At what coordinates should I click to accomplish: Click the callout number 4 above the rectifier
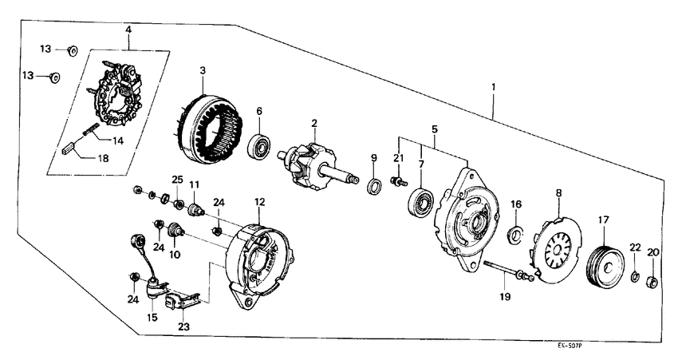[128, 30]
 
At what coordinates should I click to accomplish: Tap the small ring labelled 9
[373, 188]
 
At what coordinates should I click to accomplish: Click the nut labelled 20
[650, 280]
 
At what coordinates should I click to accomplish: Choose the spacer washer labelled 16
[515, 235]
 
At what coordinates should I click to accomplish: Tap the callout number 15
[152, 318]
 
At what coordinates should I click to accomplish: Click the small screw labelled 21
[396, 183]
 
